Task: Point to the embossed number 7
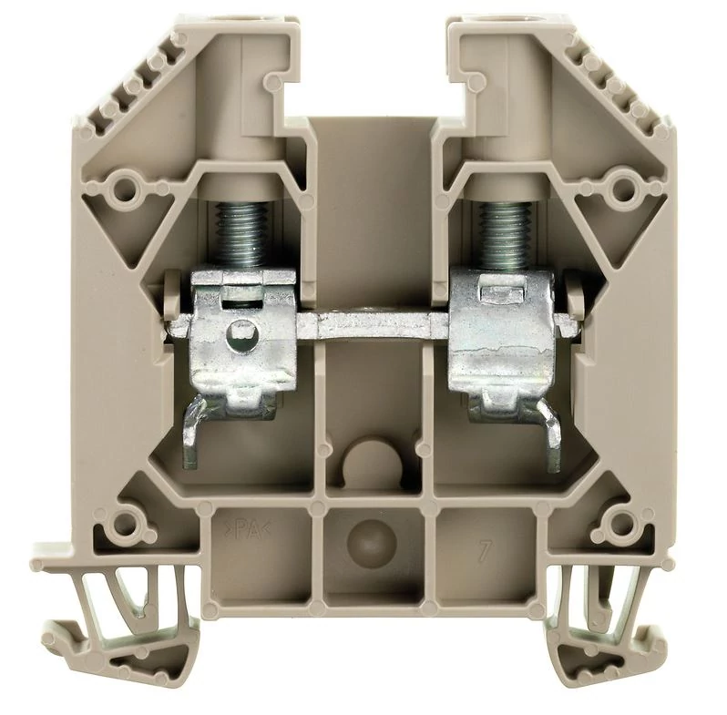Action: tap(484, 551)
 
